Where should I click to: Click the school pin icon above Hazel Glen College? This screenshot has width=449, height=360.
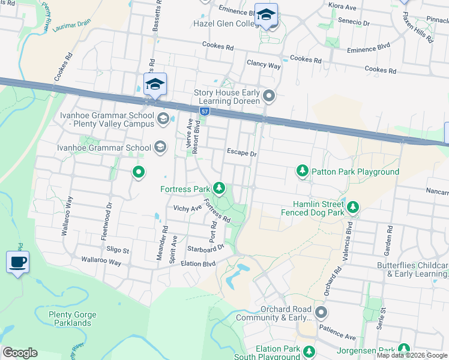[x=266, y=16]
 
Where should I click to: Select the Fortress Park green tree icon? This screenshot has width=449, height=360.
[x=220, y=189]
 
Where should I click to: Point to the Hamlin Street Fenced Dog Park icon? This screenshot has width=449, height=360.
[x=354, y=208]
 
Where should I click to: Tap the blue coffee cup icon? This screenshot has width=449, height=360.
[x=17, y=262]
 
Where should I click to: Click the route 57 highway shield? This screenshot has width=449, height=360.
[x=205, y=112]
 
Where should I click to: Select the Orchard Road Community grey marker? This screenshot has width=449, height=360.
[x=321, y=313]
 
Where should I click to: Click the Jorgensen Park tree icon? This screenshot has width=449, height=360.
[x=404, y=349]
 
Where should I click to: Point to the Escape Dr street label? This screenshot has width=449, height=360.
[x=241, y=154]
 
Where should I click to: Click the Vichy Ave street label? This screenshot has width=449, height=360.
[x=187, y=208]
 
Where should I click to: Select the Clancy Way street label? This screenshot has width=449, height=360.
[x=264, y=65]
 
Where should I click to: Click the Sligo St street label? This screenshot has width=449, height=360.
[x=118, y=250]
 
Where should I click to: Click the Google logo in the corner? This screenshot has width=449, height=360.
[x=20, y=353]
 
